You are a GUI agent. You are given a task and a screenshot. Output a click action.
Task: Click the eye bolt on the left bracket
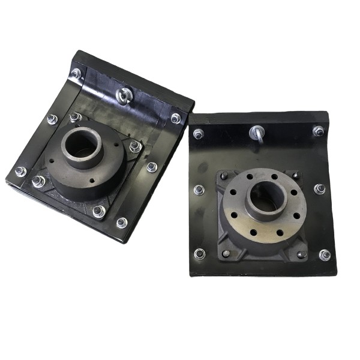pos(124,95)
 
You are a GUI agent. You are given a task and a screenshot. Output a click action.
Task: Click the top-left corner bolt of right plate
pos(199,133)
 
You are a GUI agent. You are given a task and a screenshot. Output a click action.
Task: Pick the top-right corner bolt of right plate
pos(318,130)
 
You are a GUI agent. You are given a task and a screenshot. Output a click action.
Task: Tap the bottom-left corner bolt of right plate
pos(200,254)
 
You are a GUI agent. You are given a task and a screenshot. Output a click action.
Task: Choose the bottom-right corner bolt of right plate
pos(325,255)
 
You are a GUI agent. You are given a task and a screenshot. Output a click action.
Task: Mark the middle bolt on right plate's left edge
pos(199,190)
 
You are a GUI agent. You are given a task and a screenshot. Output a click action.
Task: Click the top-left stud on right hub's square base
pos(224,176)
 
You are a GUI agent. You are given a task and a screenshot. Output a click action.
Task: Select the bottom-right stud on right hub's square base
pos(301,254)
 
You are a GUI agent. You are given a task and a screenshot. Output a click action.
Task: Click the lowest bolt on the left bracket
pos(122,223)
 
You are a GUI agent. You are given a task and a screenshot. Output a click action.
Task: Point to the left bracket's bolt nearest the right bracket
pos(176,118)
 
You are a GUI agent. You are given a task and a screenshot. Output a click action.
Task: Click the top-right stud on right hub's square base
pos(295,175)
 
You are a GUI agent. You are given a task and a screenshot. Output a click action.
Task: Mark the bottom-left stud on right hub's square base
pos(226,253)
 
